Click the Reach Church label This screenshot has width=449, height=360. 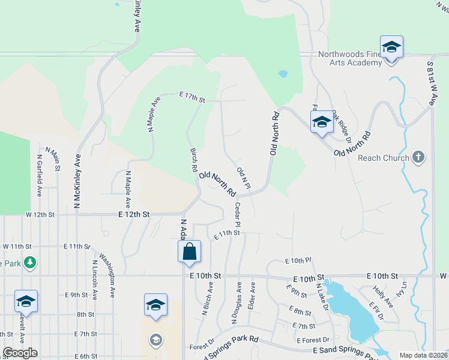(383, 158)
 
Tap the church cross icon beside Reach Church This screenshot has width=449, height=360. (419, 158)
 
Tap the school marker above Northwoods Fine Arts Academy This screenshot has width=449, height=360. (391, 47)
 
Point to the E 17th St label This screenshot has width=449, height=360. (192, 95)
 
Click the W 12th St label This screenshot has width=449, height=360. (40, 214)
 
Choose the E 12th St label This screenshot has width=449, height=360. (134, 214)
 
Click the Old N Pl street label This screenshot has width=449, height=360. (243, 177)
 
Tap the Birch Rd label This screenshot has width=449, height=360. (194, 160)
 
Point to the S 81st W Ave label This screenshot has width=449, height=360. (431, 83)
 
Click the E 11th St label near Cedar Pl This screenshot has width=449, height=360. (227, 233)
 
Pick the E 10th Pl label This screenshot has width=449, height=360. (298, 260)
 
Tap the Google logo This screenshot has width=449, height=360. (20, 353)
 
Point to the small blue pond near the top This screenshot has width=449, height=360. (282, 75)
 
